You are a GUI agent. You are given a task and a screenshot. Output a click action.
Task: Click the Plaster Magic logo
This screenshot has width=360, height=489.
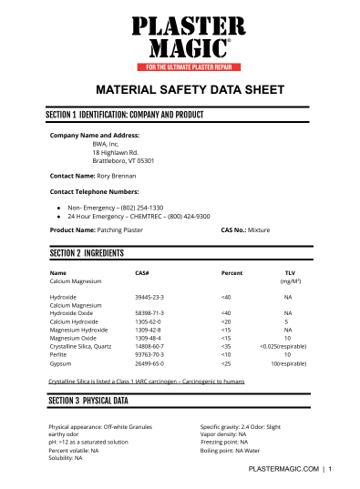[x=190, y=37]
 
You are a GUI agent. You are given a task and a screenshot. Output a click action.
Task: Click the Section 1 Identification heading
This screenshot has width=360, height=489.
[x=124, y=117]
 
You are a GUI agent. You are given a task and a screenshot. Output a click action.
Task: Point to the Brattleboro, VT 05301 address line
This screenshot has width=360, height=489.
[x=123, y=160]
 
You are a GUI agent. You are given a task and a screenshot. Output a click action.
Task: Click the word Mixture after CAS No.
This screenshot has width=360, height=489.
[x=259, y=231]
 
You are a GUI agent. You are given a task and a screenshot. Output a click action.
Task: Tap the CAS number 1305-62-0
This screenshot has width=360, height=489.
[x=148, y=321]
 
